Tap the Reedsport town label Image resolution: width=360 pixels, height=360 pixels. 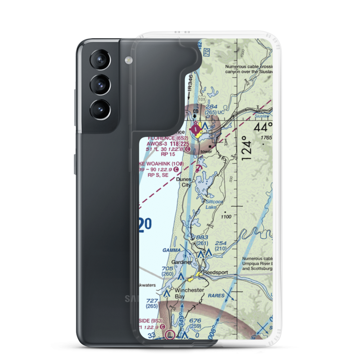(x=215, y=273)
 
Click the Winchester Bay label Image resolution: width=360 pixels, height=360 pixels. (x=189, y=293)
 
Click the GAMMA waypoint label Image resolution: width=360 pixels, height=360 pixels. (x=171, y=250)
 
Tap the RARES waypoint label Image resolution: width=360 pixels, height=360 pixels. (x=216, y=296)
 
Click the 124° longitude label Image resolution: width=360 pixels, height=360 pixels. (x=246, y=148)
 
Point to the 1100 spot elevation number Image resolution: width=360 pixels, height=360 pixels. (x=226, y=217)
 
